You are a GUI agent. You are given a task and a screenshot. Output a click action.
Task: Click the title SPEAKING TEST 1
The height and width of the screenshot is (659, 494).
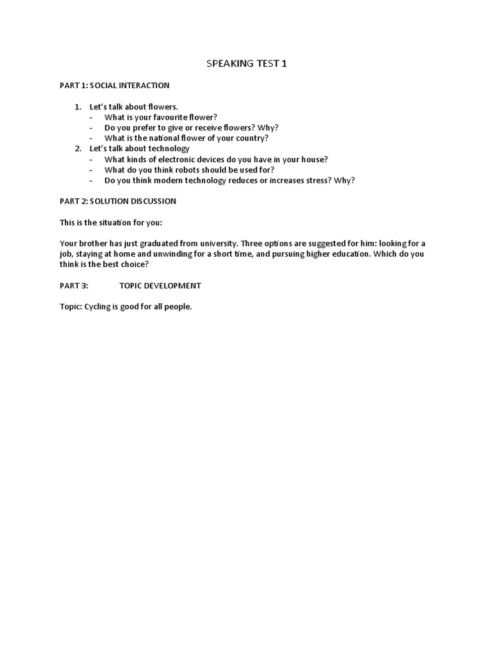pos(247,64)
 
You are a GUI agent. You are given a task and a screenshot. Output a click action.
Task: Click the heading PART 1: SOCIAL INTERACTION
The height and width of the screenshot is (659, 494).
pos(114,85)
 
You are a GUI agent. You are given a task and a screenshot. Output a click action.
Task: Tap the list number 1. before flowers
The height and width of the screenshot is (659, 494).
pos(78,106)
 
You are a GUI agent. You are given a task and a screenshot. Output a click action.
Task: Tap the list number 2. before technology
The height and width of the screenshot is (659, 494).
pos(78,149)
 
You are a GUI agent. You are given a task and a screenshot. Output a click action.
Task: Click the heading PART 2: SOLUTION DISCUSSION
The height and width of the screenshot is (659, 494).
pos(118,201)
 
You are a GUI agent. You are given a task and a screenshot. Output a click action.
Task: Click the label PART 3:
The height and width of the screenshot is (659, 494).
pos(73,285)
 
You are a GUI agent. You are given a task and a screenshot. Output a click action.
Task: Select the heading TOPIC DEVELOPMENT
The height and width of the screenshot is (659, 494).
pos(160,285)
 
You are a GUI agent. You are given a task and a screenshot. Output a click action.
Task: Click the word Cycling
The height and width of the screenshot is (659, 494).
pos(98,306)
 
